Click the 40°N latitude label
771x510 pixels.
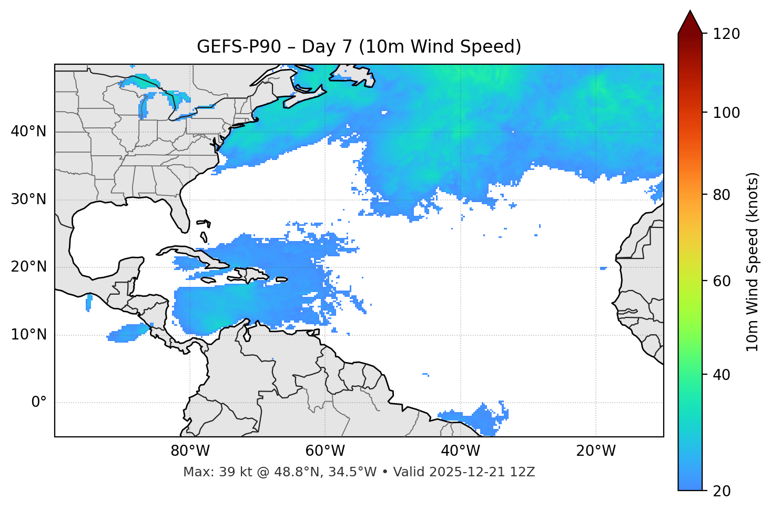(28, 132)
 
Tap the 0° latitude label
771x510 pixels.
(39, 403)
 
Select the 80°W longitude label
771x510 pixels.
(190, 451)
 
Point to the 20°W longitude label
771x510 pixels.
(596, 451)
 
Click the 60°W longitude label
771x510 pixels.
(325, 451)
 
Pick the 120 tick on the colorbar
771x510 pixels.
(726, 34)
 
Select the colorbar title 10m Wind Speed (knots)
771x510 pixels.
(753, 262)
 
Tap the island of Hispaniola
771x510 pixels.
(252, 275)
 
